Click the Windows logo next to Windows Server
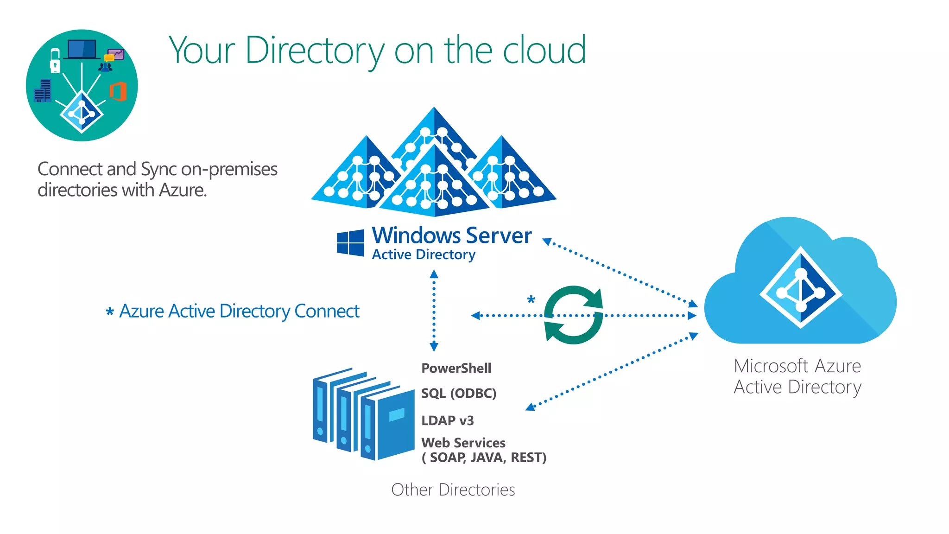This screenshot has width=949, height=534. click(350, 242)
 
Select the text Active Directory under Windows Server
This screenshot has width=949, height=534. click(424, 254)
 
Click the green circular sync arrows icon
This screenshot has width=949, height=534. click(574, 315)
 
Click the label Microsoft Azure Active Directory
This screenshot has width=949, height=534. click(797, 376)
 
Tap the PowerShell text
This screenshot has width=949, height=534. click(456, 368)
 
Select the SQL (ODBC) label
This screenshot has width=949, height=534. click(458, 393)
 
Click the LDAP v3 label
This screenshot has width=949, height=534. click(447, 420)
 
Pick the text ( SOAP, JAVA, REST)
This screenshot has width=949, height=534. click(483, 458)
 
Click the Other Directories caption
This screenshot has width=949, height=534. click(453, 489)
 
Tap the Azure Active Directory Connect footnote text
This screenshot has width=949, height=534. click(239, 311)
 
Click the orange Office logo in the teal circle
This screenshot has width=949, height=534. click(118, 91)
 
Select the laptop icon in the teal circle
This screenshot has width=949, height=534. click(82, 49)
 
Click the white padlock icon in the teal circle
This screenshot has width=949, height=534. click(55, 61)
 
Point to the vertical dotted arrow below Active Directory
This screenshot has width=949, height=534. click(434, 311)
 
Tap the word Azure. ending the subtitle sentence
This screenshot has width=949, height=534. click(183, 190)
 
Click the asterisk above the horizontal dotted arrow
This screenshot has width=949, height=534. click(531, 299)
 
